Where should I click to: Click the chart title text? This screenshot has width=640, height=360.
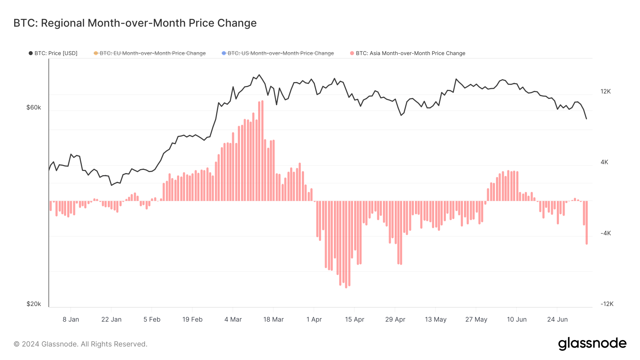click(x=135, y=23)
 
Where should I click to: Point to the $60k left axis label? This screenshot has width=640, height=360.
click(x=34, y=107)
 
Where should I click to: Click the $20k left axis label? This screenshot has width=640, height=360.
click(x=34, y=304)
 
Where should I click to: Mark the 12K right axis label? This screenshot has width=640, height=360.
click(x=606, y=91)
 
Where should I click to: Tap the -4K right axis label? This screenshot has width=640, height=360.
click(x=606, y=233)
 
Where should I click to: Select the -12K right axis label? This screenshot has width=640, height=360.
click(x=607, y=304)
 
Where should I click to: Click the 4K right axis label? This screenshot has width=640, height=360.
click(x=604, y=162)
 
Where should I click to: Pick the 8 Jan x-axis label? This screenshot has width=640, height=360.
click(x=71, y=319)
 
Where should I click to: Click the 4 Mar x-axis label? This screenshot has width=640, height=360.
click(x=233, y=319)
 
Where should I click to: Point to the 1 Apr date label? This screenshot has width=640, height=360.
click(x=314, y=319)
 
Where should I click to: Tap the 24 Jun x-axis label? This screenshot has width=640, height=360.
click(x=557, y=319)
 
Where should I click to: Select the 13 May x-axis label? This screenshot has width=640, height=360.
click(x=436, y=319)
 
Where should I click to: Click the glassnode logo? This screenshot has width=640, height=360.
click(x=592, y=344)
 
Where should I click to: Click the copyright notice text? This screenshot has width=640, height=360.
click(x=80, y=344)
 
